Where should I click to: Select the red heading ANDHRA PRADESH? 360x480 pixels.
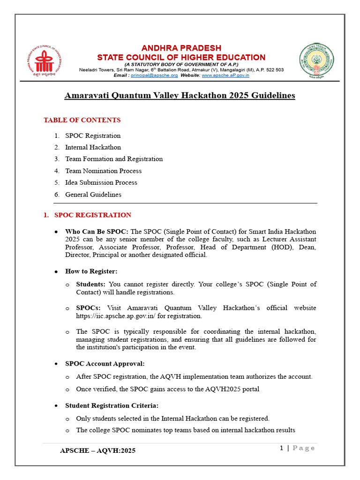[x=181, y=48]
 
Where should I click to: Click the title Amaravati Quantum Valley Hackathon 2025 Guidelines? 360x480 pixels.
[x=180, y=96]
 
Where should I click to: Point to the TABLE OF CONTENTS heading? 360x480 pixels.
[x=82, y=120]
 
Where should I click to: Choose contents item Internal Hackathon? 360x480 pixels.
[x=93, y=147]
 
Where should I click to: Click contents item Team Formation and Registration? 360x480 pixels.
[x=114, y=159]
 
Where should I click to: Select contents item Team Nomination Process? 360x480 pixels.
[x=103, y=171]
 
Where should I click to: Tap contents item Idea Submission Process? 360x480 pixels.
[x=101, y=182]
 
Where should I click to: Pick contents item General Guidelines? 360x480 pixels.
[x=93, y=195]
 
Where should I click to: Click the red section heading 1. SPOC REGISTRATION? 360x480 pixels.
[x=88, y=215]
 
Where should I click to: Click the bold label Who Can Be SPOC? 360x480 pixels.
[x=97, y=232]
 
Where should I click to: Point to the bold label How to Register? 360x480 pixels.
[x=91, y=271]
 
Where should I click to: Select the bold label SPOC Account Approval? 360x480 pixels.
[x=105, y=364]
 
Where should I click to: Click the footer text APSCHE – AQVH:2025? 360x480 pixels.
[x=98, y=450]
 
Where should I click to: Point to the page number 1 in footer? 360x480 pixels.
[x=281, y=448]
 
